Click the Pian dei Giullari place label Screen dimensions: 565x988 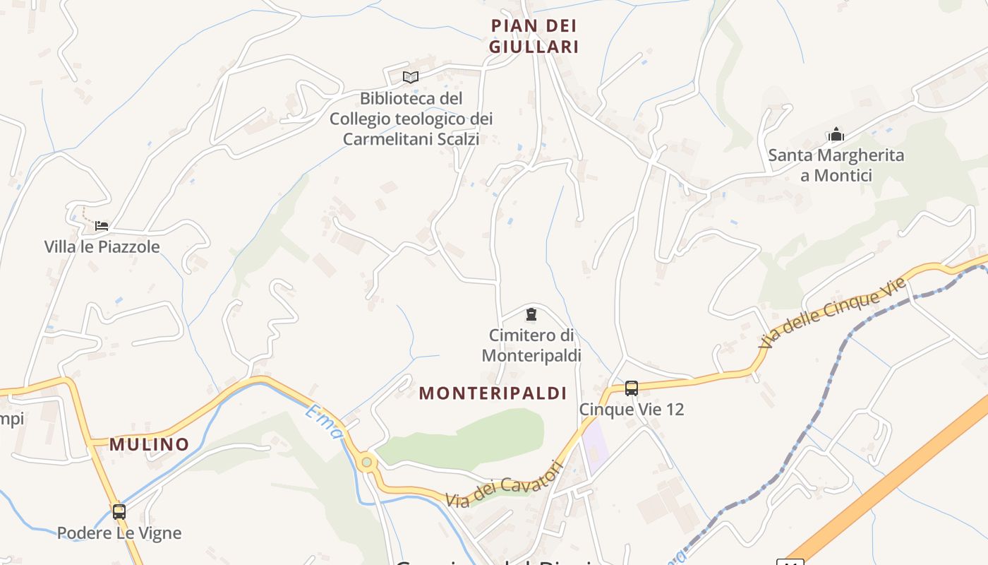click(x=535, y=36)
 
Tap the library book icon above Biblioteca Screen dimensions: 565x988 click(x=411, y=77)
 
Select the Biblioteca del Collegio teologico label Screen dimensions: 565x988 click(x=411, y=119)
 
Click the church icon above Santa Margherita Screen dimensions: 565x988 click(x=836, y=134)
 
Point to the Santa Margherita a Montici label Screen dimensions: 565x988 click(x=836, y=165)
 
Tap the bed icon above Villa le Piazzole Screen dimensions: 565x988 click(x=102, y=226)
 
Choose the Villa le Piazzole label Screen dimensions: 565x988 click(x=102, y=247)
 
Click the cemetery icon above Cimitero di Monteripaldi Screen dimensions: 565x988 click(x=531, y=314)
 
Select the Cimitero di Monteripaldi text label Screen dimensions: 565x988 click(x=531, y=345)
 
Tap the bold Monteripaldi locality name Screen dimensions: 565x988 click(x=493, y=393)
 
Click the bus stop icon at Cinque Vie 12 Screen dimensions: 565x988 click(x=632, y=388)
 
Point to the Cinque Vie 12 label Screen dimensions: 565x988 click(x=632, y=410)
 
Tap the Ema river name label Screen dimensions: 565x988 click(x=323, y=421)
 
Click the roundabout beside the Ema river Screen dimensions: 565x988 click(x=366, y=463)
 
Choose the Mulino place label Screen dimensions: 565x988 click(x=149, y=444)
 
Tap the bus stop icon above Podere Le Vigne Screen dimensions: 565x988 click(x=119, y=511)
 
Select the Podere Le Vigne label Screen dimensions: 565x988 click(x=119, y=533)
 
